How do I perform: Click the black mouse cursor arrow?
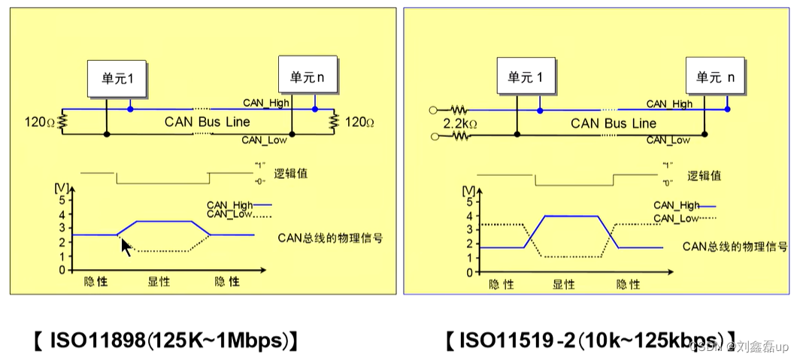click(x=126, y=247)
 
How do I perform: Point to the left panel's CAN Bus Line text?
click(x=208, y=122)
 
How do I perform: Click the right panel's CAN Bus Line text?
click(x=613, y=123)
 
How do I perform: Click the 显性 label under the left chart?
click(x=159, y=282)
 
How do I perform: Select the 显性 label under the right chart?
click(x=564, y=284)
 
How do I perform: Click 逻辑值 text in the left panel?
click(x=292, y=174)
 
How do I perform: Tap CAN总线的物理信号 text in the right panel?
click(x=735, y=246)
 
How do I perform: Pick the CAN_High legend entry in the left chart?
click(x=238, y=204)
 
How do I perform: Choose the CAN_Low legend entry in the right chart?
click(x=683, y=219)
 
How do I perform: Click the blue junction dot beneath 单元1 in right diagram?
click(x=539, y=110)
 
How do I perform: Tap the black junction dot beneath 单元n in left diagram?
click(x=292, y=134)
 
